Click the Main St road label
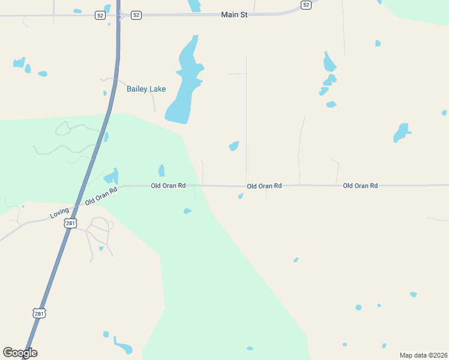coord(234,14)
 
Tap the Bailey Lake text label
coord(146,89)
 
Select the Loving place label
coord(59,213)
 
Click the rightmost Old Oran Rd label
coord(360,186)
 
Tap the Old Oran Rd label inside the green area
coord(168,186)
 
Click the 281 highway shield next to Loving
coord(71,223)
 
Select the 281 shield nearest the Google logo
coord(39,313)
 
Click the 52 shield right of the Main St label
coord(306,5)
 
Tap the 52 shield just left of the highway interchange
coord(100,15)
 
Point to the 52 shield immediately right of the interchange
coord(136,15)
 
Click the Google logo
coord(20,353)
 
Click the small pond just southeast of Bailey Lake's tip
coord(234,146)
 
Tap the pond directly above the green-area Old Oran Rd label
coord(161,170)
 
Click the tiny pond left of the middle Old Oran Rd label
coord(241,196)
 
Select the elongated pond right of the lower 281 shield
coord(124,348)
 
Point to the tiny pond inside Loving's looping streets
coord(101,248)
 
